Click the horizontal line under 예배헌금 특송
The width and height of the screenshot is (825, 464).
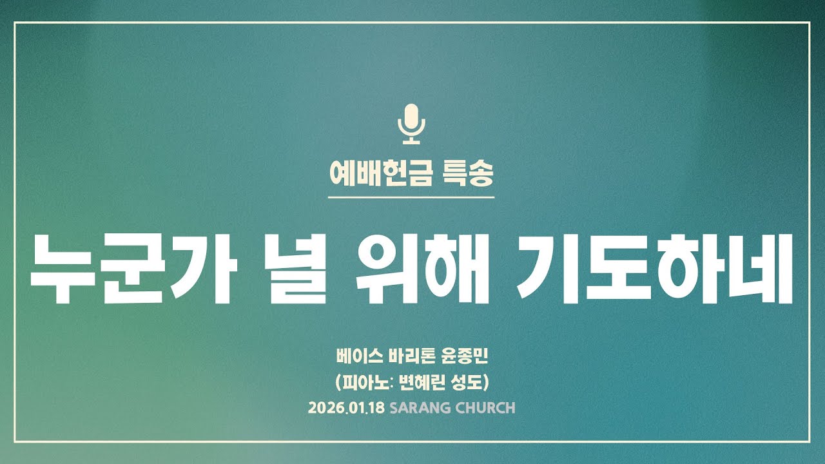coord(411,197)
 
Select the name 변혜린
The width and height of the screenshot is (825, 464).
coord(428,382)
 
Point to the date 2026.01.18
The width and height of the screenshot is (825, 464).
coord(346,408)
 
